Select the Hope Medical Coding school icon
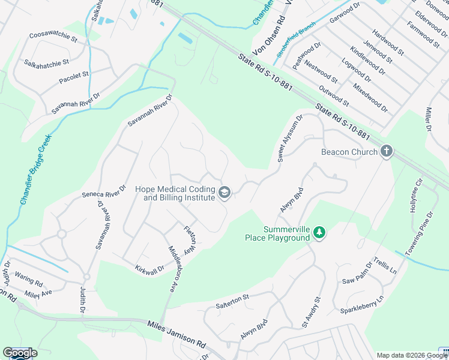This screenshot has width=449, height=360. [224, 193]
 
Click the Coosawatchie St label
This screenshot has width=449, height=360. [53, 38]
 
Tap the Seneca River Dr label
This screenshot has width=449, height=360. [104, 191]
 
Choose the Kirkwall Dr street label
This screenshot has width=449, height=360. [149, 268]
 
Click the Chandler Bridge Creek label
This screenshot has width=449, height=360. [35, 170]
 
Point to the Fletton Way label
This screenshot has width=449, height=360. [188, 238]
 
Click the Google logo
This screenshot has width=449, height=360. [20, 353]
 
